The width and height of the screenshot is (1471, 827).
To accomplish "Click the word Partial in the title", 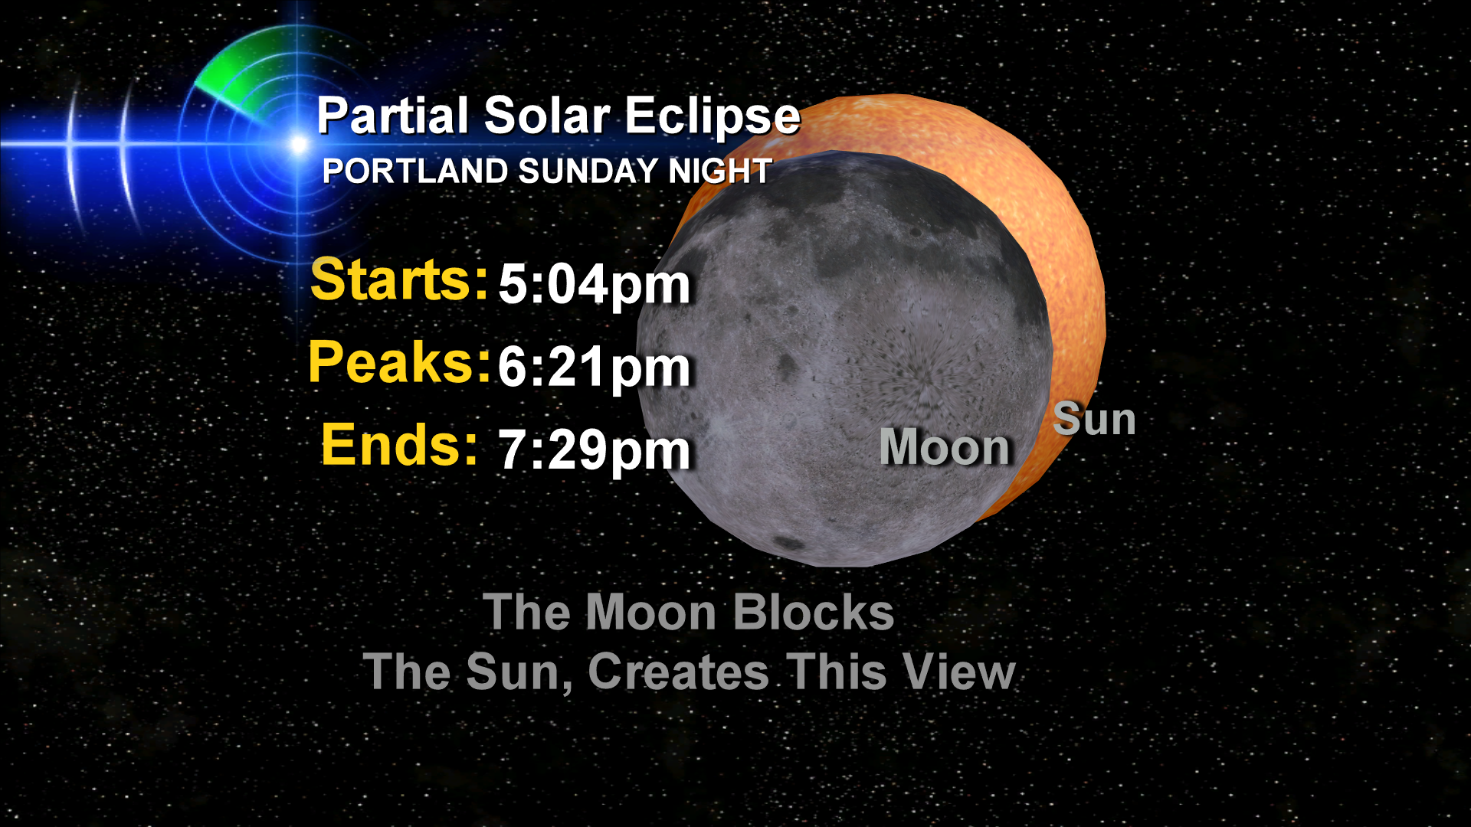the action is tap(393, 116).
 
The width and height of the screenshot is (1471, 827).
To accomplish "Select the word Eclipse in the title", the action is tap(713, 117).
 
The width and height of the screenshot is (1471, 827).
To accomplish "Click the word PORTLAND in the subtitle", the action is tap(414, 171).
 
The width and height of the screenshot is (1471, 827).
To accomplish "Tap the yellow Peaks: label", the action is tap(399, 362).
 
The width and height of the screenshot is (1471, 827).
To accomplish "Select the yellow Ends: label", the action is tap(399, 445).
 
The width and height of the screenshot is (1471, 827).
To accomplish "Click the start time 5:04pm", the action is tap(595, 286).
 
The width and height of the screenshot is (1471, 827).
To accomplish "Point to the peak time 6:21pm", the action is tap(595, 368).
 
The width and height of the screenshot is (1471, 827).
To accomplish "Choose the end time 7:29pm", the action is tap(595, 450).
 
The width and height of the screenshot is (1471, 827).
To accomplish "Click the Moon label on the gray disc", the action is tap(945, 447).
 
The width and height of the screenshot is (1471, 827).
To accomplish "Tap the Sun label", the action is tap(1094, 420).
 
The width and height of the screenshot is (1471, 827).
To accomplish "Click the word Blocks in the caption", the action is tap(814, 613).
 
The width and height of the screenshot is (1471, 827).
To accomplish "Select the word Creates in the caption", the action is tap(679, 672).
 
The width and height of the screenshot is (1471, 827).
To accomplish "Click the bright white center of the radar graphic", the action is tap(298, 143).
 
